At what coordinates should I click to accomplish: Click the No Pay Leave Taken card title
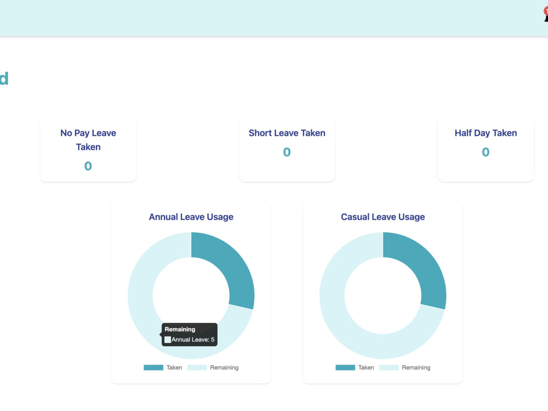click(x=88, y=140)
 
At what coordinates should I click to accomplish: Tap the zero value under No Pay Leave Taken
click(x=88, y=166)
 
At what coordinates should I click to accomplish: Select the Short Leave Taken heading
click(x=287, y=133)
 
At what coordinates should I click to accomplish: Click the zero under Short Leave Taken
click(x=287, y=152)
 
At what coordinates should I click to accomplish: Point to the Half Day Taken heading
click(x=486, y=133)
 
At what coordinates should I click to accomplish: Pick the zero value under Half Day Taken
click(x=486, y=152)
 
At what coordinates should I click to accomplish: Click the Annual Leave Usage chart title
click(x=191, y=216)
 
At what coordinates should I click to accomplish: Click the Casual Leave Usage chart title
click(x=383, y=216)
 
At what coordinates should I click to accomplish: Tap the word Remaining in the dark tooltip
click(x=180, y=329)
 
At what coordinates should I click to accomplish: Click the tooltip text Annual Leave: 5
click(x=193, y=339)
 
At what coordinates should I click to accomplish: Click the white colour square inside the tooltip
click(x=168, y=340)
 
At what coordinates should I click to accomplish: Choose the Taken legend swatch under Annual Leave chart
click(x=153, y=367)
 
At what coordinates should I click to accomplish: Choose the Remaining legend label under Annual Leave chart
click(x=224, y=367)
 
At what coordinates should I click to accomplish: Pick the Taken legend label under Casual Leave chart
click(x=366, y=367)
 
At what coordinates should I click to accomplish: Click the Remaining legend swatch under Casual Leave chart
click(x=389, y=367)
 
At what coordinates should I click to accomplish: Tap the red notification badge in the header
click(x=546, y=11)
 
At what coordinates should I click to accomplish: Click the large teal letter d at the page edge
click(x=4, y=78)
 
